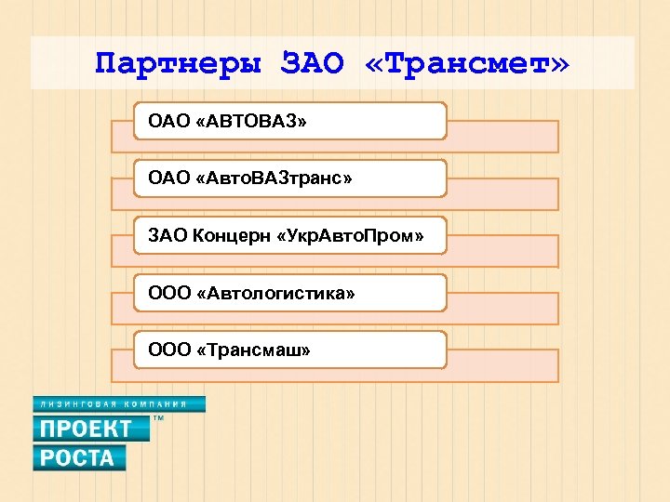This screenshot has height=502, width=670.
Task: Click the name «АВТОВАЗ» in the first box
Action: tap(252, 121)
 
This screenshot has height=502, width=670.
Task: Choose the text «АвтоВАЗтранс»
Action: tap(275, 178)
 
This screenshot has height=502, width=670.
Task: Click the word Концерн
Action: tap(231, 236)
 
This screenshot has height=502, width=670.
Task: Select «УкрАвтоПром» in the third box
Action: tap(351, 236)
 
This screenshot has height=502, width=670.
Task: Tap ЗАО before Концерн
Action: tap(167, 236)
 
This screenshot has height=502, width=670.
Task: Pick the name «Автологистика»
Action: tap(276, 294)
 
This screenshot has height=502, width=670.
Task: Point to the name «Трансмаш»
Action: tap(254, 350)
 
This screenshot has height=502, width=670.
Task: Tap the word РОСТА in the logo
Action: tap(77, 457)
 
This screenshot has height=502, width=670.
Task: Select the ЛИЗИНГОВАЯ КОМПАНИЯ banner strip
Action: tap(118, 404)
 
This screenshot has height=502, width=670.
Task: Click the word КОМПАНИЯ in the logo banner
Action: tap(159, 404)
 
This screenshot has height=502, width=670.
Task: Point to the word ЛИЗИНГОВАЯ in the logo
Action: tap(78, 404)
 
